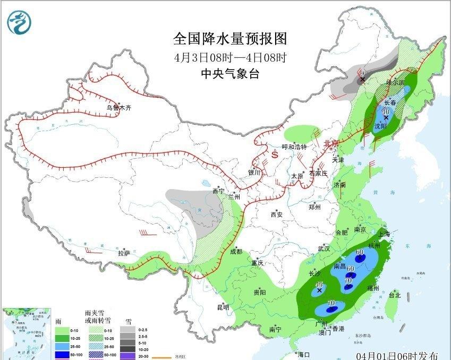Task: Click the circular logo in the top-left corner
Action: click(19, 21)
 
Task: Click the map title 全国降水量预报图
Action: click(230, 39)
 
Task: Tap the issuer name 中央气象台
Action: click(230, 74)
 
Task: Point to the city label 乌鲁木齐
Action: click(118, 108)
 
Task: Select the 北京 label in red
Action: click(331, 143)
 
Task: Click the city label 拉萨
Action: click(124, 253)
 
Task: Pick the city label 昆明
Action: click(223, 307)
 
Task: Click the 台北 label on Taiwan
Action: click(394, 295)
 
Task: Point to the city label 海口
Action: click(303, 354)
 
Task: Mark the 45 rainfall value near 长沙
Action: click(319, 286)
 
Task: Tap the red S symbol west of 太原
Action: click(275, 155)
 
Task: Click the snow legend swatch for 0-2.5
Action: click(127, 329)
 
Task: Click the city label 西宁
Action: click(218, 191)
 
